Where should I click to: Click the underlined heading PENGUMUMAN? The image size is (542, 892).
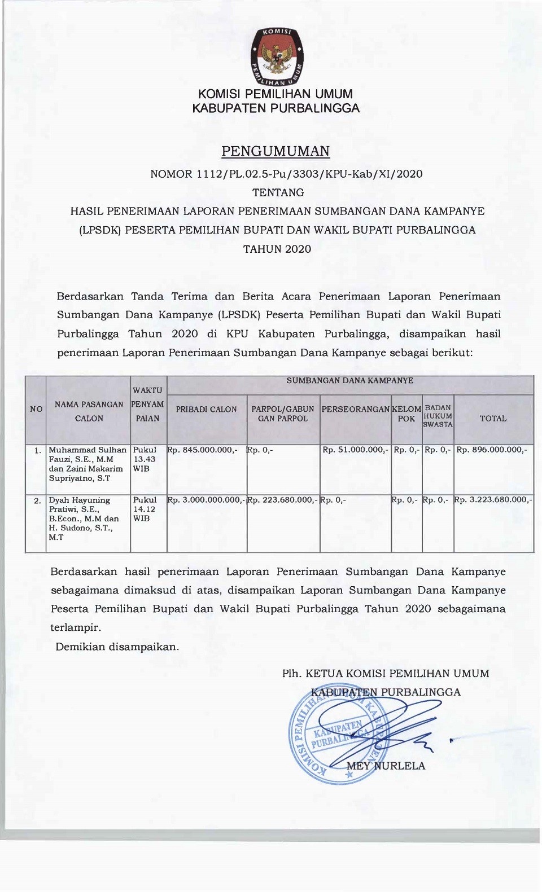pos(276,151)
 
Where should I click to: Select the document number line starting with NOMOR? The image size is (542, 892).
pos(286,174)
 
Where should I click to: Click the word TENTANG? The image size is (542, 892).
pos(278,192)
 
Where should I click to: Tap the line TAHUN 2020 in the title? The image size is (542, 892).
pos(277,249)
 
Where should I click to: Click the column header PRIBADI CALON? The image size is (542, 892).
pos(207,410)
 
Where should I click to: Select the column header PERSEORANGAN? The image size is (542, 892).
pos(356,410)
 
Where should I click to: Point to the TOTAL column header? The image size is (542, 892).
pos(493,419)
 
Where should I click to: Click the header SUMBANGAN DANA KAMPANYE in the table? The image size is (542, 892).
pos(350,381)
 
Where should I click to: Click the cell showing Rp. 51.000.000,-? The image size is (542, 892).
pos(355,450)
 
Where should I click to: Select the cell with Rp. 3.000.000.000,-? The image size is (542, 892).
pos(207,500)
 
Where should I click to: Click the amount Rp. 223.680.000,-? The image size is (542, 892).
pos(283,500)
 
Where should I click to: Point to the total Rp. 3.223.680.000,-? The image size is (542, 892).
pos(493,500)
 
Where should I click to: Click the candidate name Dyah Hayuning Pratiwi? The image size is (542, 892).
pos(80,504)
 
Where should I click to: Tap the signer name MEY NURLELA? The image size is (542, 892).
pos(386,766)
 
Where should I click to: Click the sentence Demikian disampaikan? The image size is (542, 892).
pos(117,647)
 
